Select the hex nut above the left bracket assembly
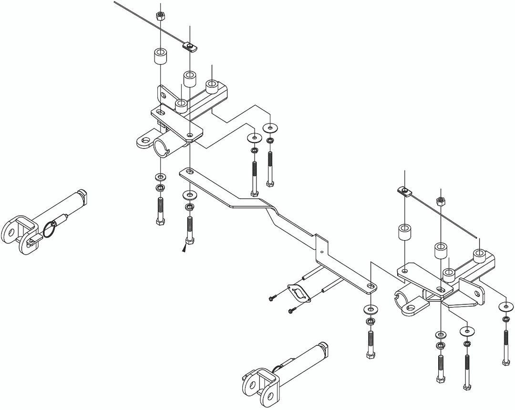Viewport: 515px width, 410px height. [161, 16]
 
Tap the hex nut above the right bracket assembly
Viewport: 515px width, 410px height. [441, 200]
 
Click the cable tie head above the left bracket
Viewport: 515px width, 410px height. [189, 46]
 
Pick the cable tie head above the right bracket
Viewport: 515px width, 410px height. [405, 192]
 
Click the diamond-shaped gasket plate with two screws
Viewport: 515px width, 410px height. [298, 294]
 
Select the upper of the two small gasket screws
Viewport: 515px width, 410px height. [272, 299]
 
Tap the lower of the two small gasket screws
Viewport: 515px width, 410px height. [291, 311]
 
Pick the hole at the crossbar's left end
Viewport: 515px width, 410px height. [190, 171]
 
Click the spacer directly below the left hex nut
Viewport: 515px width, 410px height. [160, 57]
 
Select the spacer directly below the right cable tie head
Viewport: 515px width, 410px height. [405, 232]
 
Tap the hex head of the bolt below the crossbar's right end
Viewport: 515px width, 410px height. [371, 356]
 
